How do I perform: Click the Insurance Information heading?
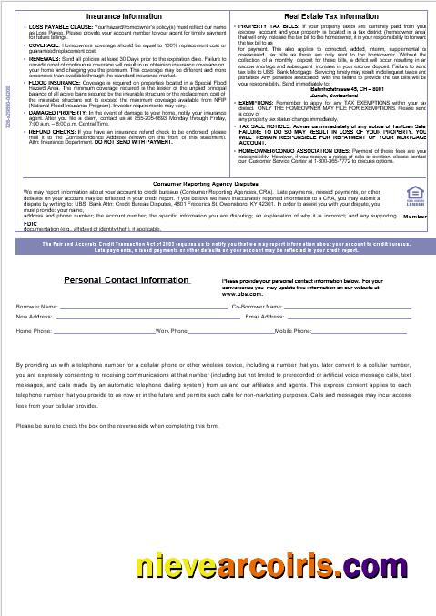pyautogui.click(x=125, y=16)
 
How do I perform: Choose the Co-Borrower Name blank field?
pyautogui.click(x=347, y=308)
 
